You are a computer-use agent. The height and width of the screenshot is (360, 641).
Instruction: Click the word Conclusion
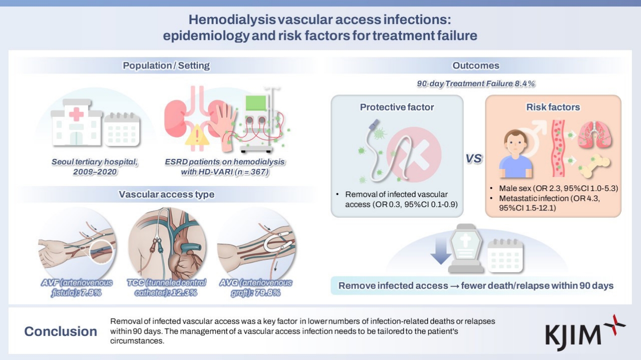point(60,331)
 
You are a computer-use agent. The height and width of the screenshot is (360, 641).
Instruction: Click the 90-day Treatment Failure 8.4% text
point(475,84)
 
